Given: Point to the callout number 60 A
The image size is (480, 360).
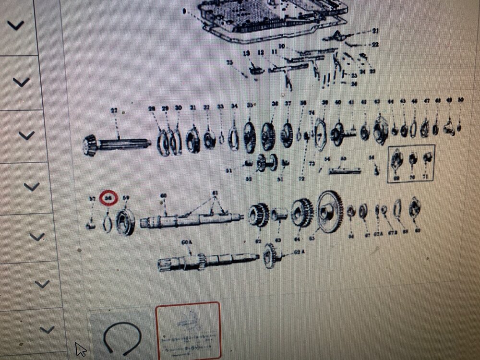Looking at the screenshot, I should [x=186, y=243].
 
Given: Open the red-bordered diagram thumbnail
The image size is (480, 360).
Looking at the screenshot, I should [x=188, y=331].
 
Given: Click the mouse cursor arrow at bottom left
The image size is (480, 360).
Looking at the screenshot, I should [x=80, y=349].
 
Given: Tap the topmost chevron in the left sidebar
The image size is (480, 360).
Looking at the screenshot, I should [x=15, y=25].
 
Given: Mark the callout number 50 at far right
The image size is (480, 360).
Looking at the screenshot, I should [x=460, y=100].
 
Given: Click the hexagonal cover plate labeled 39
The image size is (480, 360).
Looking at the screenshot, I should [x=320, y=134].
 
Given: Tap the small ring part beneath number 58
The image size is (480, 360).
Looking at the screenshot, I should [x=108, y=222].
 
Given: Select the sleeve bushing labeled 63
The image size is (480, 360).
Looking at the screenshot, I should [x=279, y=214].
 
